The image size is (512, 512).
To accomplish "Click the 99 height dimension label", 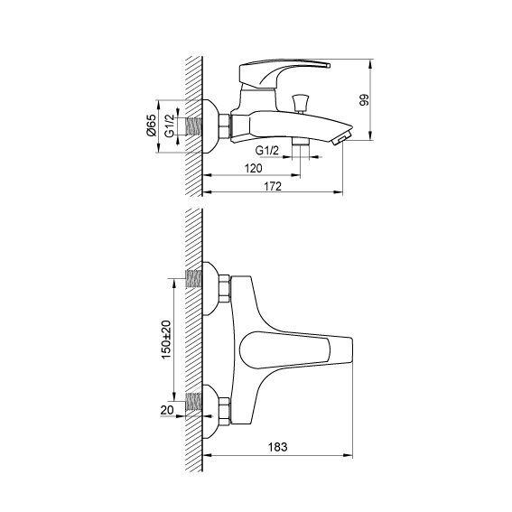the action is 364,99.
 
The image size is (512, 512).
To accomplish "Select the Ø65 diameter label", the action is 151,126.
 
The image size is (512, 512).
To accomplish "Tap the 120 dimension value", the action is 254,169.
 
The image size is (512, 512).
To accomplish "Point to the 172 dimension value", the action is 273,186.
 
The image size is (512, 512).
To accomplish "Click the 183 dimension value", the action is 277,447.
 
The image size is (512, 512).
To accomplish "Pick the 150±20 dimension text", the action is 166,340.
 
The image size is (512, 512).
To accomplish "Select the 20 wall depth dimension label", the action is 167,410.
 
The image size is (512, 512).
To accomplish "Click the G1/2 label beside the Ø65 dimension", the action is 169,126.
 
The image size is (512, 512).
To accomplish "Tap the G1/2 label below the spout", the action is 267,151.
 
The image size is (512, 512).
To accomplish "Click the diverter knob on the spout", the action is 301,103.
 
